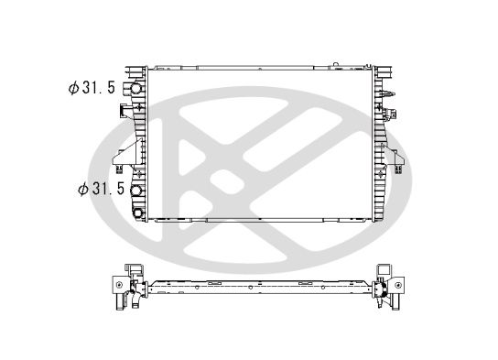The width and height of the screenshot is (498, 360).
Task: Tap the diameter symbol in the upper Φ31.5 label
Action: coord(72,89)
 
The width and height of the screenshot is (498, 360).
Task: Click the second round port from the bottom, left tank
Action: coord(138,191)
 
